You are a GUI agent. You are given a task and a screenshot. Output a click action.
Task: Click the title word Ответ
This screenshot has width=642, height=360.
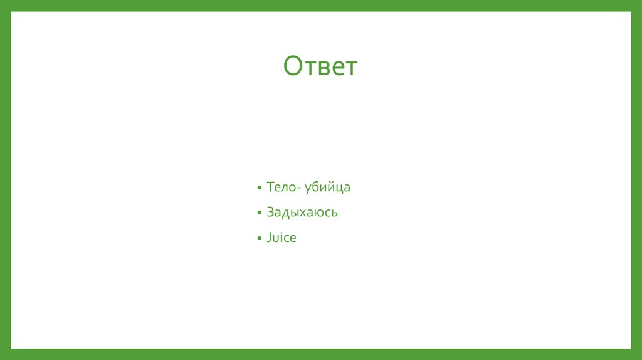[320, 66]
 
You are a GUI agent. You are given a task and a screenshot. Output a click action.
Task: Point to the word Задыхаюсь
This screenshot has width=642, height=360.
[302, 213]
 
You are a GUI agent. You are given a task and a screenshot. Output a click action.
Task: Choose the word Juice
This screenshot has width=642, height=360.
[281, 238]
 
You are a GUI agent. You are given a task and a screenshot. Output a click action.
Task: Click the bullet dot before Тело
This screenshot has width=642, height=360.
[259, 188]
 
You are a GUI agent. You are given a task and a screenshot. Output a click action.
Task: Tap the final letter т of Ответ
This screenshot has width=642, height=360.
[351, 68]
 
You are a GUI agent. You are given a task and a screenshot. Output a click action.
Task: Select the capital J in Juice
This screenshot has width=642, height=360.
[269, 238]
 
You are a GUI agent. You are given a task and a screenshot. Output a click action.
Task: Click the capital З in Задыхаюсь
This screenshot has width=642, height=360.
[270, 213]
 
